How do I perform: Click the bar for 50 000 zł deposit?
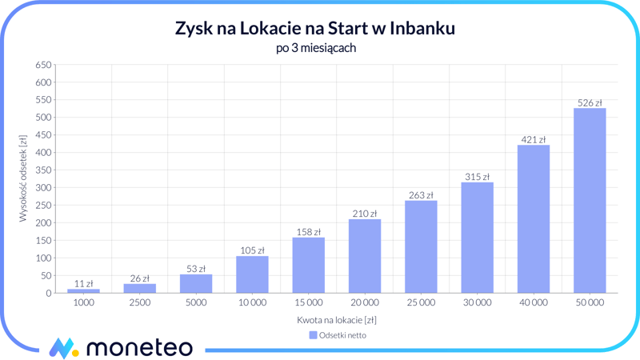click(590, 200)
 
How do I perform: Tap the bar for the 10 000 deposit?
click(252, 274)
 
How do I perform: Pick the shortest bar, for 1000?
click(84, 291)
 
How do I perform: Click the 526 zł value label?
click(590, 102)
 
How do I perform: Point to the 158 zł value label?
click(308, 232)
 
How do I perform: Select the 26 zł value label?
click(140, 278)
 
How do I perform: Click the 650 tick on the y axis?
click(43, 65)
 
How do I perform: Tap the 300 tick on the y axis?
click(43, 188)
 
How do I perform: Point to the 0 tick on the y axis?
click(48, 294)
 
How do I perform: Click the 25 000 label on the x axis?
click(421, 303)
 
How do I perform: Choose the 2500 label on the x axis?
click(140, 303)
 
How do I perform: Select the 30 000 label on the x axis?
click(477, 303)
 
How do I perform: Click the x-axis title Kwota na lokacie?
click(337, 320)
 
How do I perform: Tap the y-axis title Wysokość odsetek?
click(23, 178)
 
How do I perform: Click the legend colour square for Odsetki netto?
click(313, 335)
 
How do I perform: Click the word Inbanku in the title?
click(423, 28)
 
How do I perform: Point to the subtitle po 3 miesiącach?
click(315, 48)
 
